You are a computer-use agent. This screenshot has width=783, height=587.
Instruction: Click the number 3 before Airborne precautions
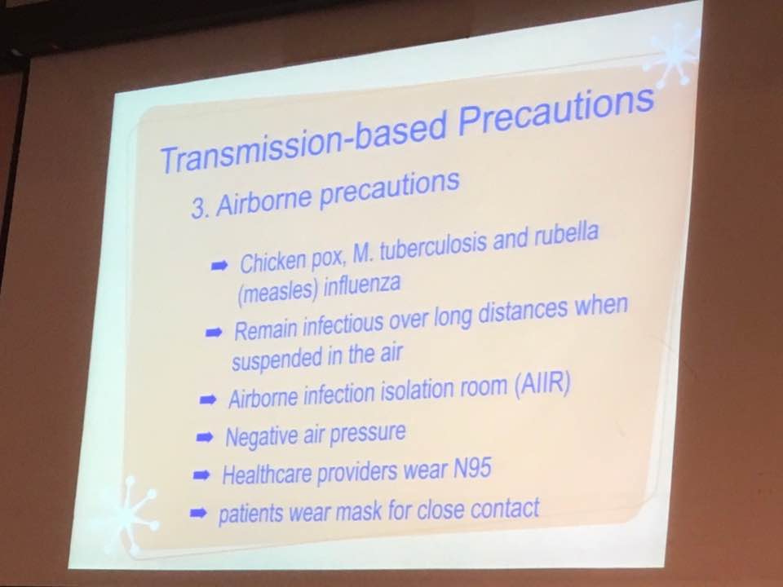coord(198,210)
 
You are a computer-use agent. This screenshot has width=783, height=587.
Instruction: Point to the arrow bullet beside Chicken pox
coord(219,265)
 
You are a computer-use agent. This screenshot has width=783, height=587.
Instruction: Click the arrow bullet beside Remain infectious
coord(214,333)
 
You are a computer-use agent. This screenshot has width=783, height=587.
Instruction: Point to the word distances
coord(523,312)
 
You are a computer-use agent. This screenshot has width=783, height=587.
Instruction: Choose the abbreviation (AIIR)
coord(542,385)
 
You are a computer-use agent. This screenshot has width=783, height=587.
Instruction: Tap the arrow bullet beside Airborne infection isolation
coord(208,399)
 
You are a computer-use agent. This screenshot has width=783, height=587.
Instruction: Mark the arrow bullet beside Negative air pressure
coord(205,438)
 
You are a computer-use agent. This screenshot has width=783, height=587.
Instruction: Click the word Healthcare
coord(267,474)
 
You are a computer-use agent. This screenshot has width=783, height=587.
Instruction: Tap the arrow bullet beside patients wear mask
coord(198,513)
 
